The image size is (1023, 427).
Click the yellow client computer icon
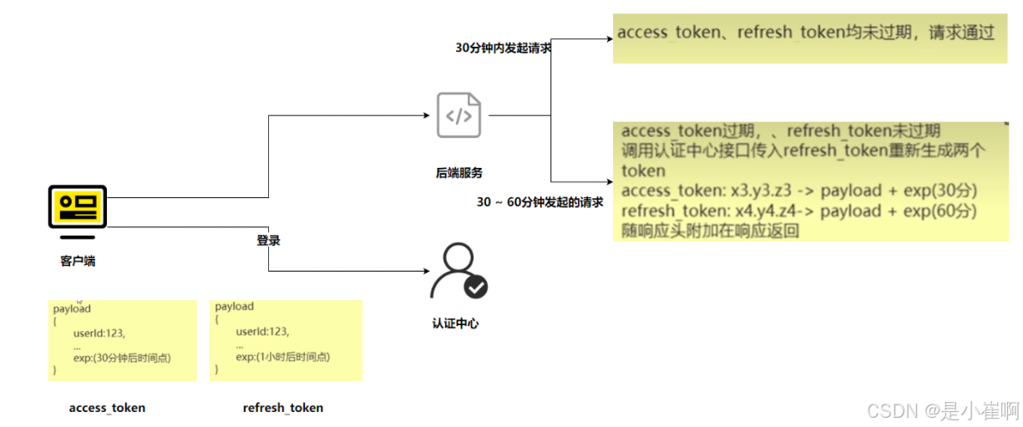(x=77, y=206)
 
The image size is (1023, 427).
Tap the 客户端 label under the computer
(x=78, y=262)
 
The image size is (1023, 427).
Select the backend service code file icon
(x=458, y=115)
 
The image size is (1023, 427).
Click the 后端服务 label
(x=459, y=173)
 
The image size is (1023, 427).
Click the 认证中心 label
(x=455, y=323)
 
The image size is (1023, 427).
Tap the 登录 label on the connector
(x=268, y=241)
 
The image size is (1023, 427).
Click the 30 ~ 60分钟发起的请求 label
(x=539, y=202)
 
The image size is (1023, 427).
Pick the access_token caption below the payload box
(x=107, y=408)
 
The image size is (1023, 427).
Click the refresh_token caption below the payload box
(x=282, y=408)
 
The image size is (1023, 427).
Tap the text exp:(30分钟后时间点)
(x=122, y=358)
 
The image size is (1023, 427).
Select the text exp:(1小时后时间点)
(x=282, y=357)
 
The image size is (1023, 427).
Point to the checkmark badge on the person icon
(x=476, y=287)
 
